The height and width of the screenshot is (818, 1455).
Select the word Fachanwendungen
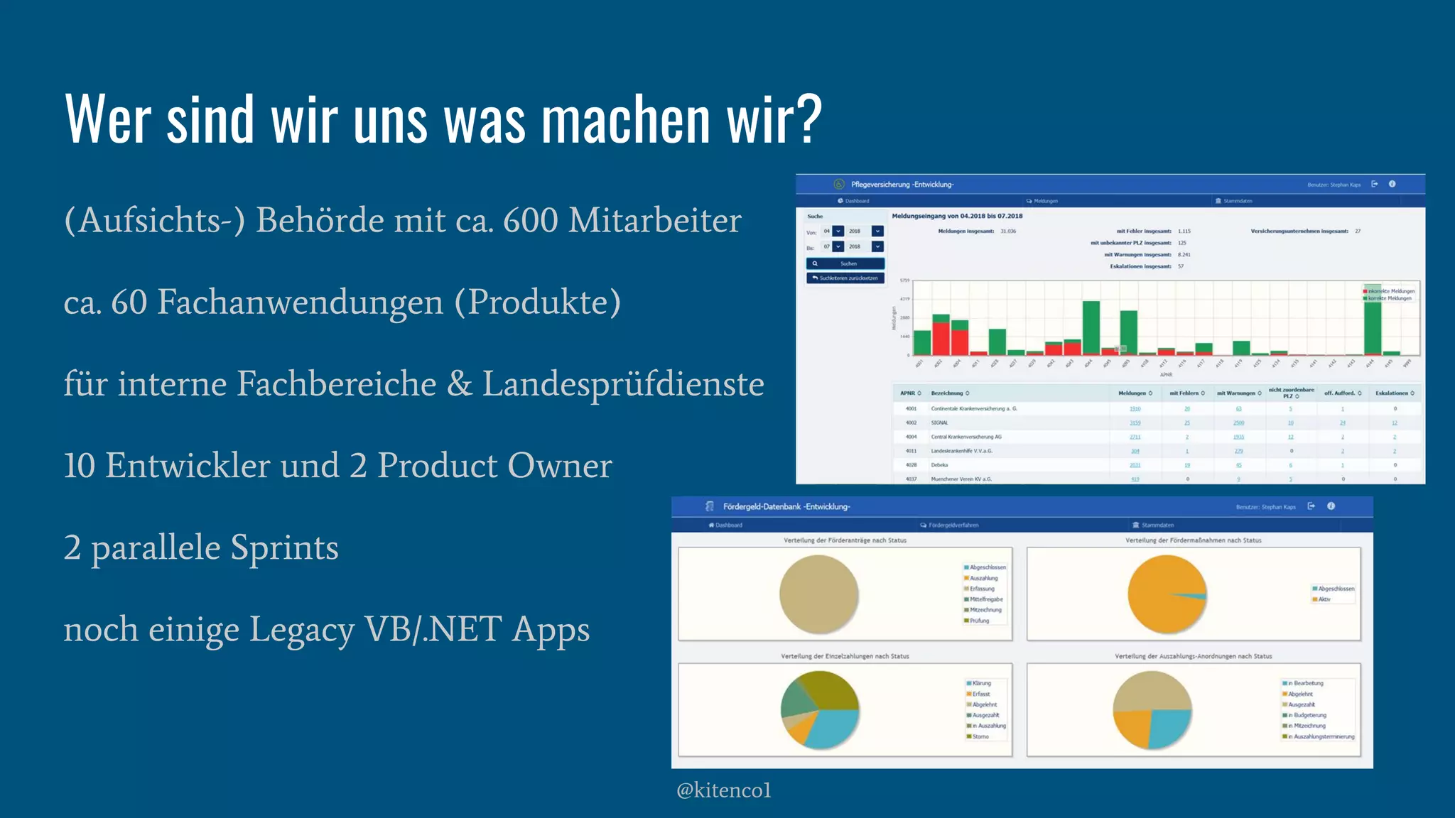click(x=300, y=302)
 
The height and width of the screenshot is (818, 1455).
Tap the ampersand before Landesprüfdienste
click(x=459, y=384)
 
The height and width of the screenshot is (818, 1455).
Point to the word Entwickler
click(x=188, y=466)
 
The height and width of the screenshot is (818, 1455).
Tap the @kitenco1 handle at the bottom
click(x=723, y=790)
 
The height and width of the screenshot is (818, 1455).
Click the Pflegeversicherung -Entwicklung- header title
click(x=902, y=185)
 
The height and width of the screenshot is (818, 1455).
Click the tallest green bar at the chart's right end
click(x=1373, y=320)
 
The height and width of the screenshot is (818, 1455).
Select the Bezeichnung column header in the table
click(x=947, y=393)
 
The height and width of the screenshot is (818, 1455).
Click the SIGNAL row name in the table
click(x=939, y=422)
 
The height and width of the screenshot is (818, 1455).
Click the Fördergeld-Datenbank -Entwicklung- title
click(x=786, y=506)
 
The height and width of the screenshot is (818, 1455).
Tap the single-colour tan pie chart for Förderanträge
click(x=818, y=594)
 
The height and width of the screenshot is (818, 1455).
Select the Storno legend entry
click(x=980, y=736)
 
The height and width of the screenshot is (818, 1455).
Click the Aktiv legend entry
click(x=1324, y=599)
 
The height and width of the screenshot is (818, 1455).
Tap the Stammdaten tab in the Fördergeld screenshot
click(x=1157, y=525)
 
